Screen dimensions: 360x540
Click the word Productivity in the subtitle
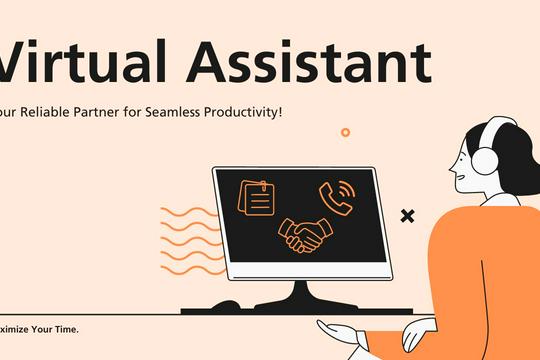[246, 113]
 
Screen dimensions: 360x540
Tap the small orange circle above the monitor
[345, 132]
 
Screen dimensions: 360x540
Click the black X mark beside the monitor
[407, 215]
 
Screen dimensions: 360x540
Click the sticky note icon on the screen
[256, 197]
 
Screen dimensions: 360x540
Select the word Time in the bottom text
[64, 329]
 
